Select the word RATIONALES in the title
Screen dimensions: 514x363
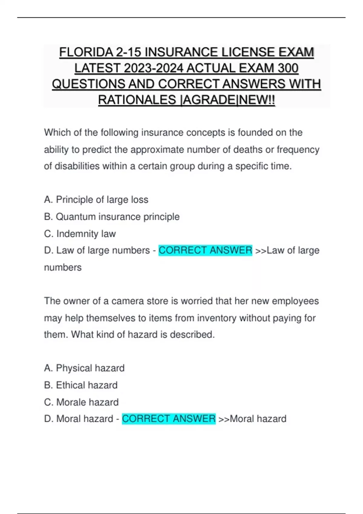137,100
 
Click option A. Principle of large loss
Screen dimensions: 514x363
96,200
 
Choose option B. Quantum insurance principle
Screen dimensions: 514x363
112,216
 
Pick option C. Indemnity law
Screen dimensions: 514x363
80,234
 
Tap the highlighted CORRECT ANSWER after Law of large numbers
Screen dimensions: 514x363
205,250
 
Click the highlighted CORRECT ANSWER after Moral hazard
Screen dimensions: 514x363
168,419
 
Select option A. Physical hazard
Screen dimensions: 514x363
84,368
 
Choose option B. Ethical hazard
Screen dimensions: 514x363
80,385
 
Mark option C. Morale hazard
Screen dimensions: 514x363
81,402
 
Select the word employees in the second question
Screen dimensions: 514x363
295,301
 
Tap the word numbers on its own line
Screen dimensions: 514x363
63,268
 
